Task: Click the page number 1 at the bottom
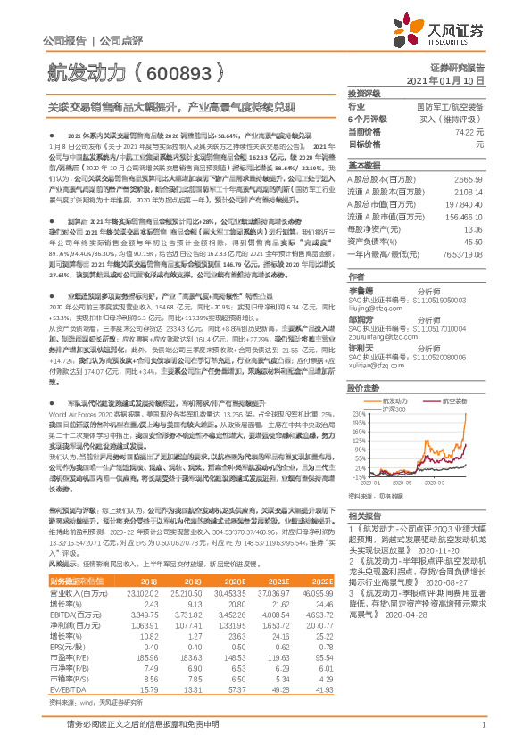pos(483,733)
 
